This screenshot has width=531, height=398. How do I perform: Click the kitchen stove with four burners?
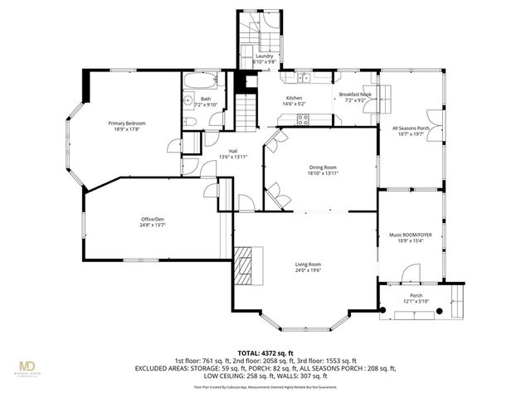(303, 119)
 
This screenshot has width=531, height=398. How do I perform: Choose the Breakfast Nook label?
(355, 95)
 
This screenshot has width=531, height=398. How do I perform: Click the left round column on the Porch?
(383, 313)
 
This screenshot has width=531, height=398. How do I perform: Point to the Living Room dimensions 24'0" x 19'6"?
(308, 270)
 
